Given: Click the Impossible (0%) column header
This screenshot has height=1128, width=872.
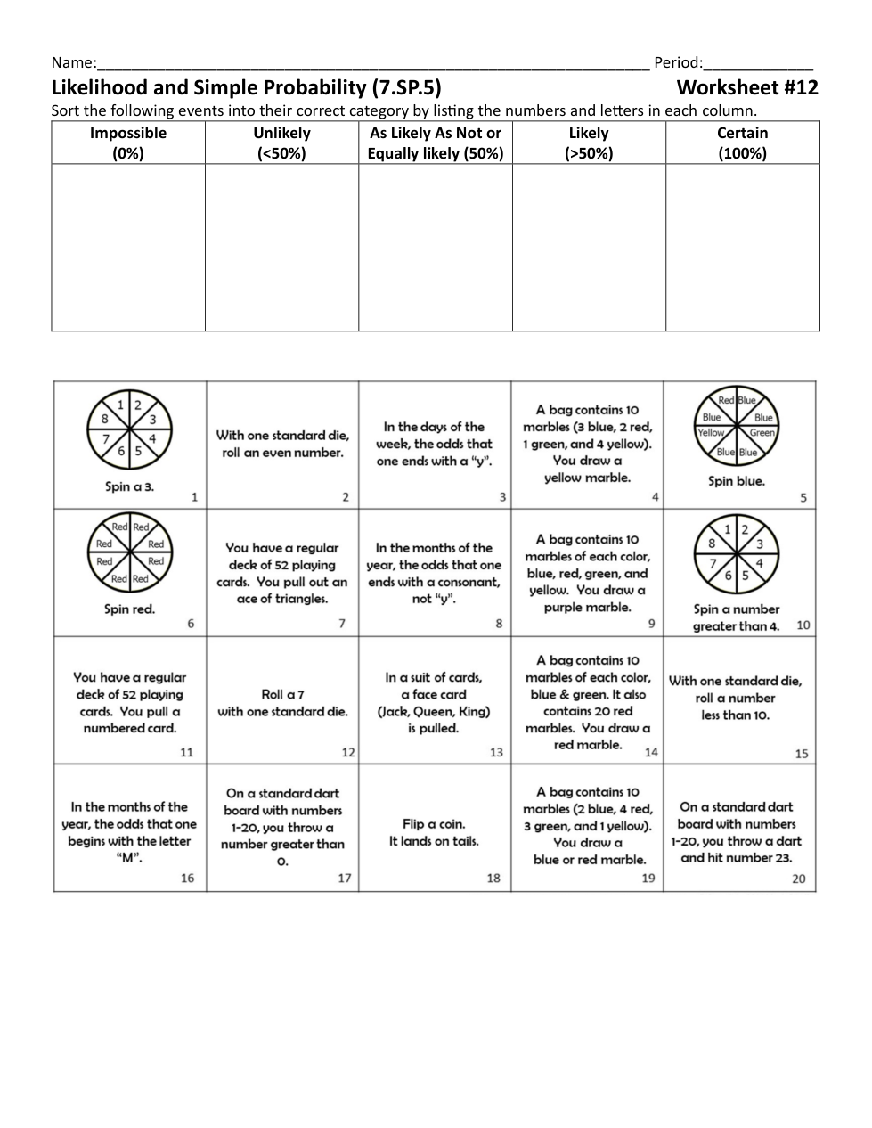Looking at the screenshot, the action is coord(128,143).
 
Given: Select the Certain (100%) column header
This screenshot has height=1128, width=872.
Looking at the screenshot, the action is coord(742,143).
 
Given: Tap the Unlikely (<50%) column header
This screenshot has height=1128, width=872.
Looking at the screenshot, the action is coord(281,143).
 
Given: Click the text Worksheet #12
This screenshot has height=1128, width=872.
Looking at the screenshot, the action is coord(746,87).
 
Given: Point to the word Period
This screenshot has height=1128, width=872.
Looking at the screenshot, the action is coord(677,62).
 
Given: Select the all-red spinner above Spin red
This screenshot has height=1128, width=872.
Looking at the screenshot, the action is coord(130,560).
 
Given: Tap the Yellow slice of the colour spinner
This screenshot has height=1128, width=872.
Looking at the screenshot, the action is coord(711,433).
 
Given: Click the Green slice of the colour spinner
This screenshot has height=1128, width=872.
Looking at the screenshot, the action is coord(762,433).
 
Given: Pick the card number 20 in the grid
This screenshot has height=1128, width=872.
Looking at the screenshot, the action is coord(798,879).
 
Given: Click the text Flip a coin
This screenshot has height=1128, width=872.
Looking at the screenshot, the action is coord(434,824).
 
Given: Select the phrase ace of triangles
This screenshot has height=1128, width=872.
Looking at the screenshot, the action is coord(282,599).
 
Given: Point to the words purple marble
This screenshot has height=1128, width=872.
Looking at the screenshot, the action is coord(587,608).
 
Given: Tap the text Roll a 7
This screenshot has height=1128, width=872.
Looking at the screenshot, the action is coord(282,694).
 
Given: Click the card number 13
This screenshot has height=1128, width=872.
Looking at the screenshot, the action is coord(496,752).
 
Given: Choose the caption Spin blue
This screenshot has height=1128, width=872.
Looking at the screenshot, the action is coord(737,481).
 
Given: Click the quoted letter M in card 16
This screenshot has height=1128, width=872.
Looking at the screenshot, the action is coord(128,858).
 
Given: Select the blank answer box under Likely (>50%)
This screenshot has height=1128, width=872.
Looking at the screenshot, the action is coord(588,247).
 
